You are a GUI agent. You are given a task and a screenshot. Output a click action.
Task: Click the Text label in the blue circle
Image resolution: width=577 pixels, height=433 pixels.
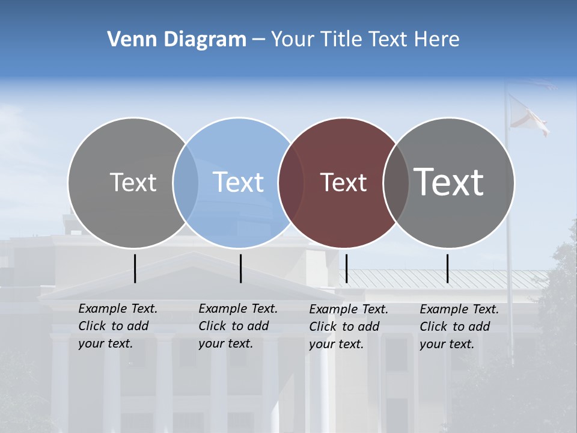[x=239, y=182]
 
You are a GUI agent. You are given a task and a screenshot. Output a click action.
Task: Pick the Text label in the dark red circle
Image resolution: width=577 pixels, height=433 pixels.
[x=343, y=182]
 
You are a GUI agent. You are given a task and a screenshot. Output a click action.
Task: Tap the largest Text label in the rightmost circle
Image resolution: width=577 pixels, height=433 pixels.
[x=448, y=182]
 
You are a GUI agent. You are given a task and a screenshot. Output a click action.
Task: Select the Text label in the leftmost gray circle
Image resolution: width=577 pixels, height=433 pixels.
[x=133, y=182]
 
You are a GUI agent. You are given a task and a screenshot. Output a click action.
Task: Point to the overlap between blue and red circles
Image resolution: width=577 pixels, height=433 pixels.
[x=291, y=182]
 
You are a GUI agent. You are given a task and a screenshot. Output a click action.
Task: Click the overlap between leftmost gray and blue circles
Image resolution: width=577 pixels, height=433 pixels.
[x=186, y=182]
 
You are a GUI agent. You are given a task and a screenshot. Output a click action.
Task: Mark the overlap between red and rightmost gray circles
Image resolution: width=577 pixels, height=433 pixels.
[x=396, y=182]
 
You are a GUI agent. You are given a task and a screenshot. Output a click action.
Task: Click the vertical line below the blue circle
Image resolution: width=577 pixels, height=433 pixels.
[x=240, y=268]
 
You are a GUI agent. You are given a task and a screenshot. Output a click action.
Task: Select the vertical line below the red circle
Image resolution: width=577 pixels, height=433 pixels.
[x=346, y=268]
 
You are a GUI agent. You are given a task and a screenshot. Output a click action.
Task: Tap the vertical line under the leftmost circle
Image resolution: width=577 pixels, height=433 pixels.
[x=135, y=268]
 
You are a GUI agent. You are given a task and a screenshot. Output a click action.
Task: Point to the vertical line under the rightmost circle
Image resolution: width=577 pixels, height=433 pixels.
[x=447, y=268]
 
